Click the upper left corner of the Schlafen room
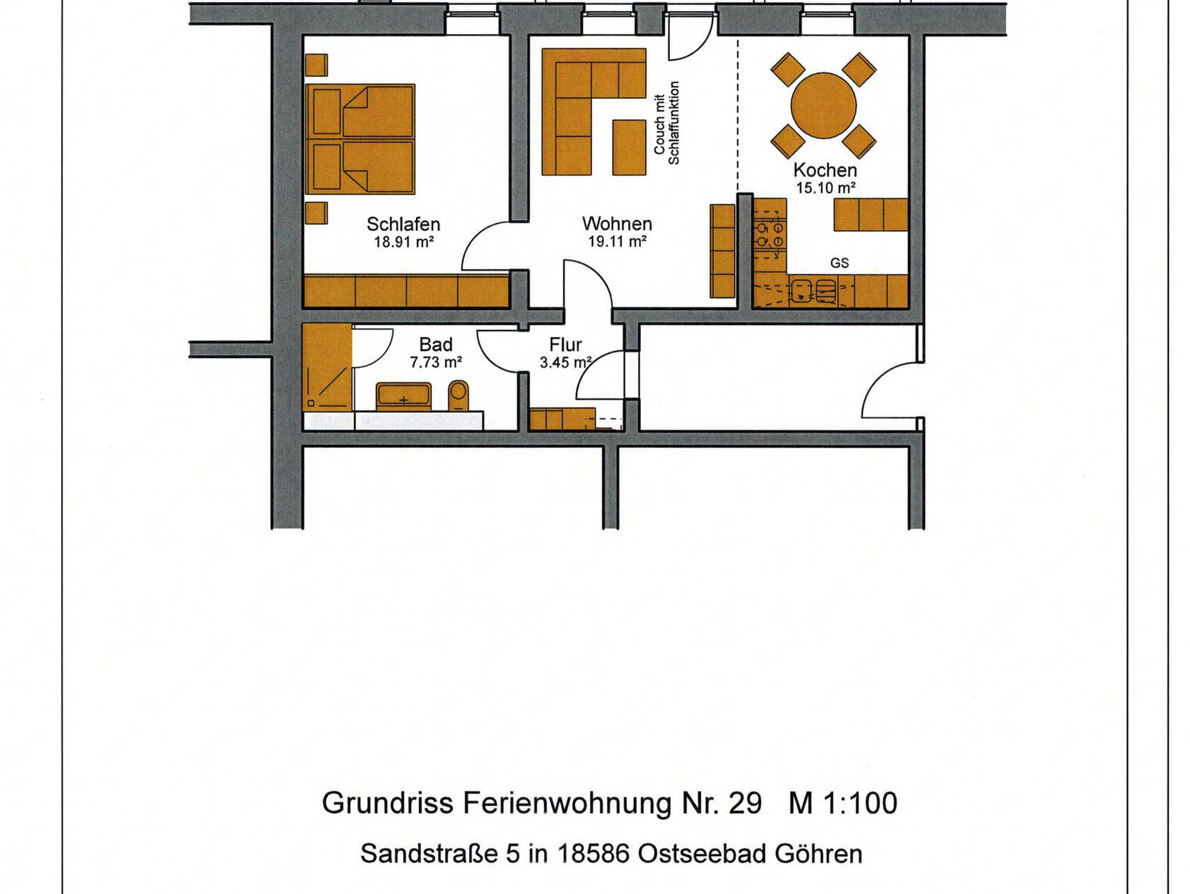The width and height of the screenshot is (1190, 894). [x=304, y=36]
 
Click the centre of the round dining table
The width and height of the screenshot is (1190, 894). [x=823, y=105]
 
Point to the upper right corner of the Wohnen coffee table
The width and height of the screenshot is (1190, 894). [x=646, y=120]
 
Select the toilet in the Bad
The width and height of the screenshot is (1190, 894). [x=459, y=396]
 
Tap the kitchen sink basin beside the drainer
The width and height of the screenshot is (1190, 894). [x=802, y=291]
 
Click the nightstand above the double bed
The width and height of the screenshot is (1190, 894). [x=316, y=65]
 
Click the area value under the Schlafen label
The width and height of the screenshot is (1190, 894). [x=404, y=242]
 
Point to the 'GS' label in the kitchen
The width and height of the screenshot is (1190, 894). [x=839, y=263]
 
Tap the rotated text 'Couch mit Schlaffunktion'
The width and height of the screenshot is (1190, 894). [x=666, y=123]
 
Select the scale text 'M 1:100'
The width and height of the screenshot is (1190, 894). [x=843, y=803]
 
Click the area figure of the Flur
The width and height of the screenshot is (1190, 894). [x=565, y=363]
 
